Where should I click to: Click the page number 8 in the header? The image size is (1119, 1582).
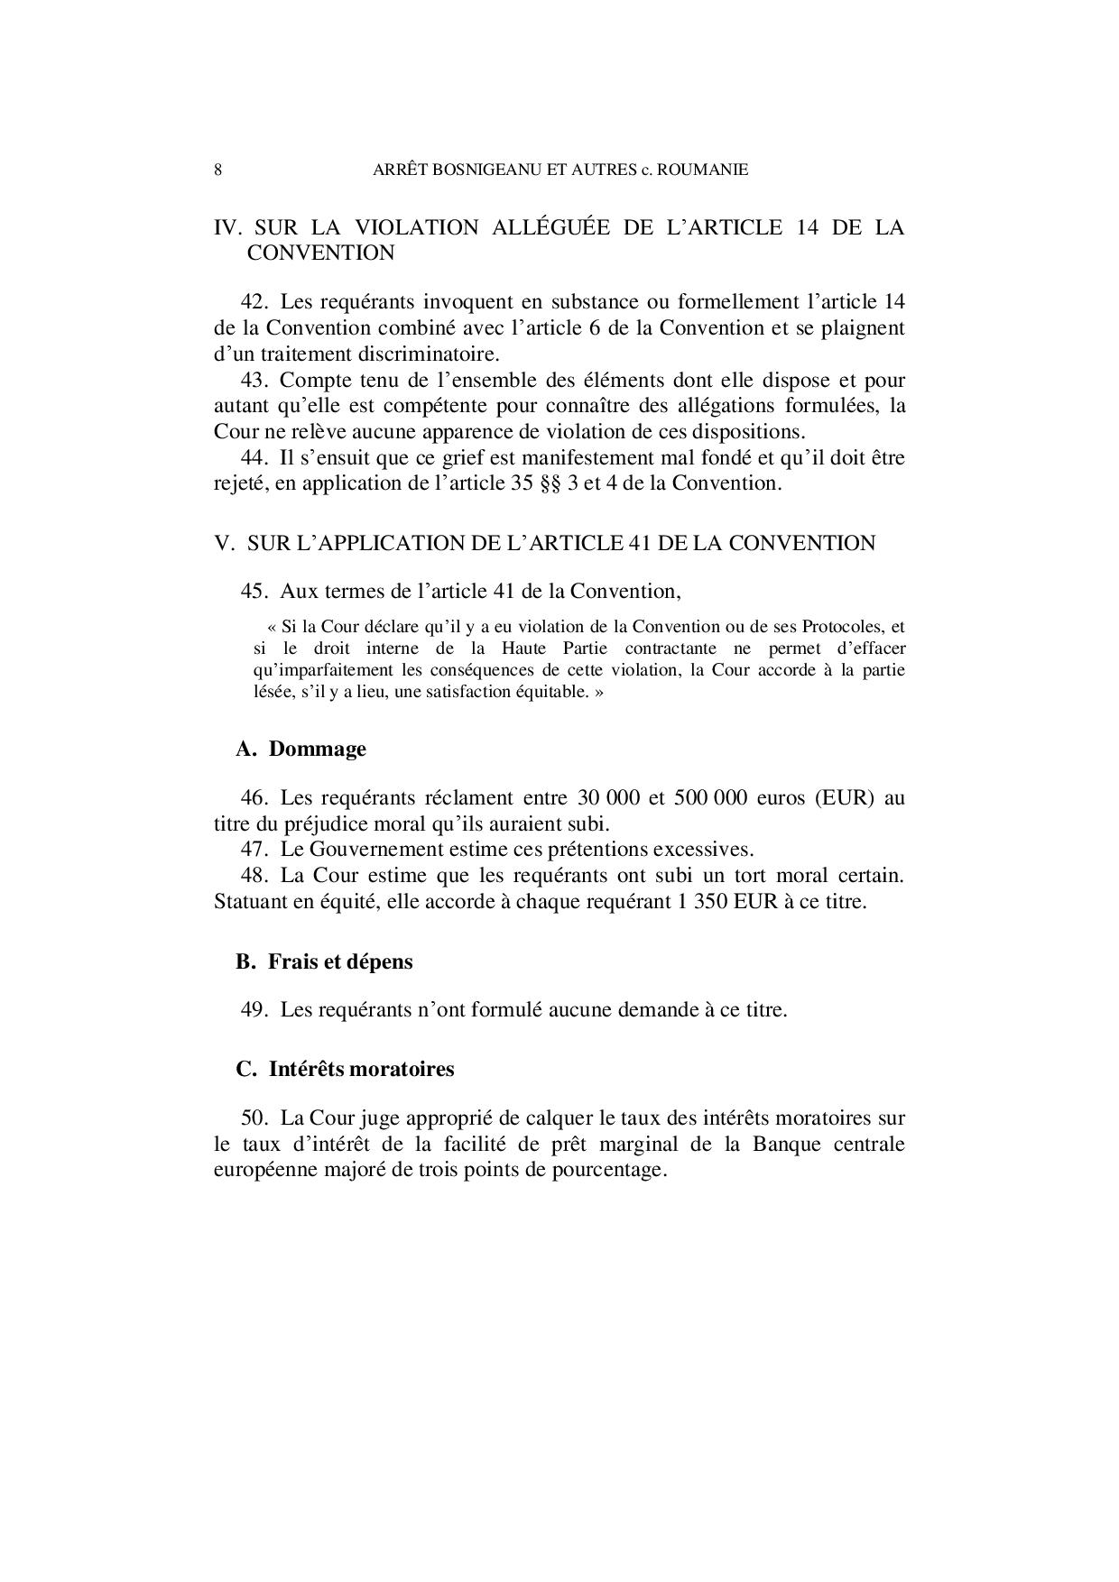[x=217, y=170]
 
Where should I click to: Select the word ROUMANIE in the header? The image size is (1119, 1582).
[x=703, y=170]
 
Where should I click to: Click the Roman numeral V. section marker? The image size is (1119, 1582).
[x=225, y=543]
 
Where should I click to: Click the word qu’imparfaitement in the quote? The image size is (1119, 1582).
[x=317, y=670]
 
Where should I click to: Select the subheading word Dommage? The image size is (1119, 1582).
[x=318, y=749]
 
